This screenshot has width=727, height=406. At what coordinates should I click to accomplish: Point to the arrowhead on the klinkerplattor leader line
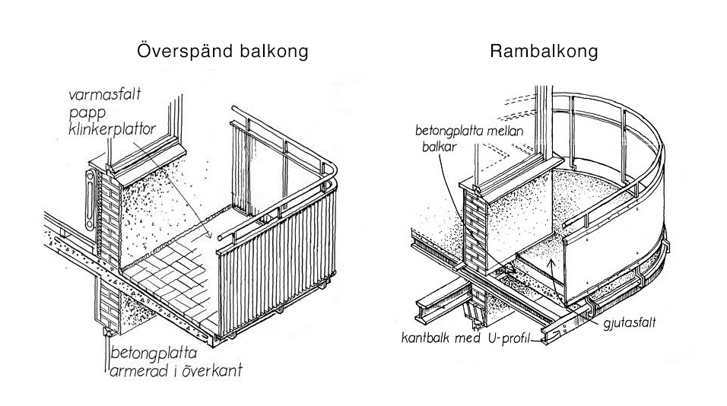(x=208, y=236)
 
